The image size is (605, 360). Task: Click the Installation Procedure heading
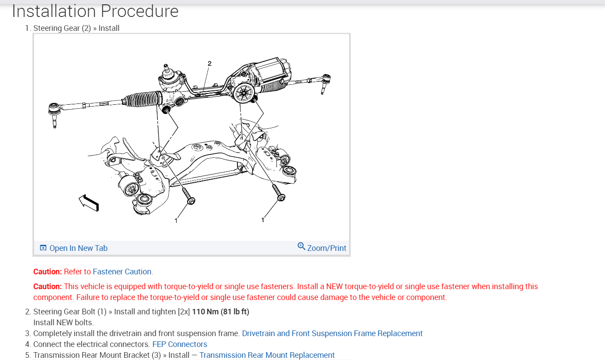95,11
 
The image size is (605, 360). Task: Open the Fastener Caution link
122,272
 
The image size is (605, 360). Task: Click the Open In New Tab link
78,248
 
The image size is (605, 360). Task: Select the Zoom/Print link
327,248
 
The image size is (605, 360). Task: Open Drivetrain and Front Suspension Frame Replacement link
332,333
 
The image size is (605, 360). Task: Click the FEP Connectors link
180,344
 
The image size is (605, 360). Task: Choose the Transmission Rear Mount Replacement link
267,355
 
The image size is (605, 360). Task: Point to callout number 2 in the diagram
209,63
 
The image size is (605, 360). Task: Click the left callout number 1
176,220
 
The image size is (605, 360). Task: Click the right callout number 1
263,220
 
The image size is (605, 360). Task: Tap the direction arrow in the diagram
89,203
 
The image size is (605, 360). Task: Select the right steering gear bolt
278,193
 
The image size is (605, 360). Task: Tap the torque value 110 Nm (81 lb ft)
221,312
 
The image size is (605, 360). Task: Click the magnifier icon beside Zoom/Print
301,247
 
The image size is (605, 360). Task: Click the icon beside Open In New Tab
43,248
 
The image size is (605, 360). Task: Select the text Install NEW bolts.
64,323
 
